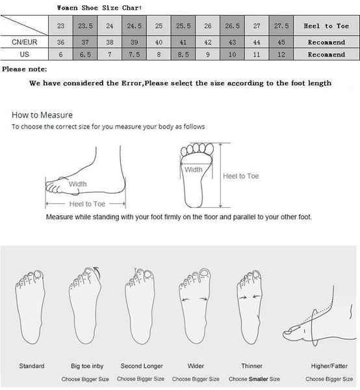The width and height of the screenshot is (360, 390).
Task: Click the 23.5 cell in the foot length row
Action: tap(85, 25)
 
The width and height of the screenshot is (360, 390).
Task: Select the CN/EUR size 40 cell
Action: tap(159, 42)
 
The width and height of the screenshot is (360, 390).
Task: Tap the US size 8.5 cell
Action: tap(183, 54)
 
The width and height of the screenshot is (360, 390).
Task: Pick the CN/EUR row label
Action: tap(24, 42)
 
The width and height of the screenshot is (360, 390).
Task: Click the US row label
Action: tap(24, 54)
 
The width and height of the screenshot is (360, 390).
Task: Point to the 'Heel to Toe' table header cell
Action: tap(326, 25)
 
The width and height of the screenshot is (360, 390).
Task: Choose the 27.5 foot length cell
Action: tap(281, 25)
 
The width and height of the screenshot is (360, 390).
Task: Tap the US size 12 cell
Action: tap(281, 54)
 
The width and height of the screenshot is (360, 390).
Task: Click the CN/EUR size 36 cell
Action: tap(60, 42)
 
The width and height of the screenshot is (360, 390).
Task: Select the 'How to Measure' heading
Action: tap(42, 115)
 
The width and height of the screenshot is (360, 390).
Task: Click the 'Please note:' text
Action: tap(24, 69)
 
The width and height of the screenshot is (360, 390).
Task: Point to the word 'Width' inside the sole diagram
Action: tap(194, 170)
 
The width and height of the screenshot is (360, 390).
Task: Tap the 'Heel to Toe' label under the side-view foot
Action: tap(87, 204)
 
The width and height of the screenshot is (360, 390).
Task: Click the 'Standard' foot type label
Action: tap(32, 366)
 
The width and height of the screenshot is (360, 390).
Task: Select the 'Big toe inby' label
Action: tap(87, 366)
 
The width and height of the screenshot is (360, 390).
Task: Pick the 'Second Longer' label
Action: tap(142, 366)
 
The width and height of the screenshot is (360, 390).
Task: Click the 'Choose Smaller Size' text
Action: tap(254, 379)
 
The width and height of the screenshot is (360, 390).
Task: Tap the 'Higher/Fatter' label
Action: tap(329, 366)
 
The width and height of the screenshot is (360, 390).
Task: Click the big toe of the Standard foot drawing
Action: tap(38, 274)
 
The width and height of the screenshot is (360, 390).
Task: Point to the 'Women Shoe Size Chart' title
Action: tap(99, 8)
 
